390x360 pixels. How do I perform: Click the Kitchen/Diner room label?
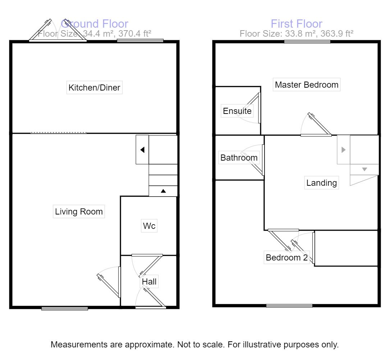pos(94,87)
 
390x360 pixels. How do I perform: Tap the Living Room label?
pos(79,212)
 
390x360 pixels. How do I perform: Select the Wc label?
pos(149,226)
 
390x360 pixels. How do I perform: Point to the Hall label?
pos(149,282)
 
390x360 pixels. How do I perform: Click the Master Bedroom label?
pos(306,85)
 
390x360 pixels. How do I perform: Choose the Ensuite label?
pos(237,111)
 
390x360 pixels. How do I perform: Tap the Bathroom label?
pos(239,157)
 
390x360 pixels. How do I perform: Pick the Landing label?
pos(321,183)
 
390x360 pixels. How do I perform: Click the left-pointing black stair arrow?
pos(142,150)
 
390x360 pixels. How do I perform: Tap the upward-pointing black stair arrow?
pos(163,191)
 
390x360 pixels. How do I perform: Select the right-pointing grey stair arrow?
pos(343,150)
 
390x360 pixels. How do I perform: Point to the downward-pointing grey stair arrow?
pos(364,169)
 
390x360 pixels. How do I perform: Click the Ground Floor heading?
pos(94,24)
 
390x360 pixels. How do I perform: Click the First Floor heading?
pos(297,24)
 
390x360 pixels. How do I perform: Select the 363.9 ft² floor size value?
pos(336,34)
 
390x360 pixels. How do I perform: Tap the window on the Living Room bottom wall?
pos(65,308)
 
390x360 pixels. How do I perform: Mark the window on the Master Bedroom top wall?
pos(307,42)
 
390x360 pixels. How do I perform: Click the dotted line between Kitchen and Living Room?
pos(59,133)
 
